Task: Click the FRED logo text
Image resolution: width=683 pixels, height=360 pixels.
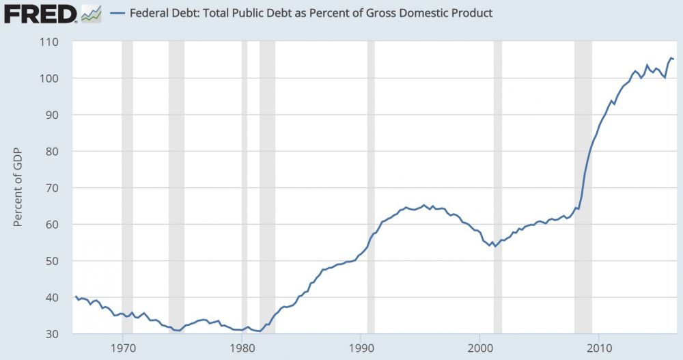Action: [40, 13]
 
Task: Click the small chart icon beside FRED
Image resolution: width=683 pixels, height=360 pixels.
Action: [91, 13]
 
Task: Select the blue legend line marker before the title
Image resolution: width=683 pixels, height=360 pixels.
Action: [119, 13]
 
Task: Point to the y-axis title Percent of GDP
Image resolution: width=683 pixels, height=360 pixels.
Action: [18, 189]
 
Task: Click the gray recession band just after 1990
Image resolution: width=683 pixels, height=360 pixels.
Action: [371, 188]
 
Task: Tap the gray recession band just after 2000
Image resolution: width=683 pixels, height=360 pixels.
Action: [498, 188]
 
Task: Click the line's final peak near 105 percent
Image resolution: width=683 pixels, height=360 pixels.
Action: [671, 58]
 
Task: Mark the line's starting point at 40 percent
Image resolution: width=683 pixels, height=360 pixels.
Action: [75, 296]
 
